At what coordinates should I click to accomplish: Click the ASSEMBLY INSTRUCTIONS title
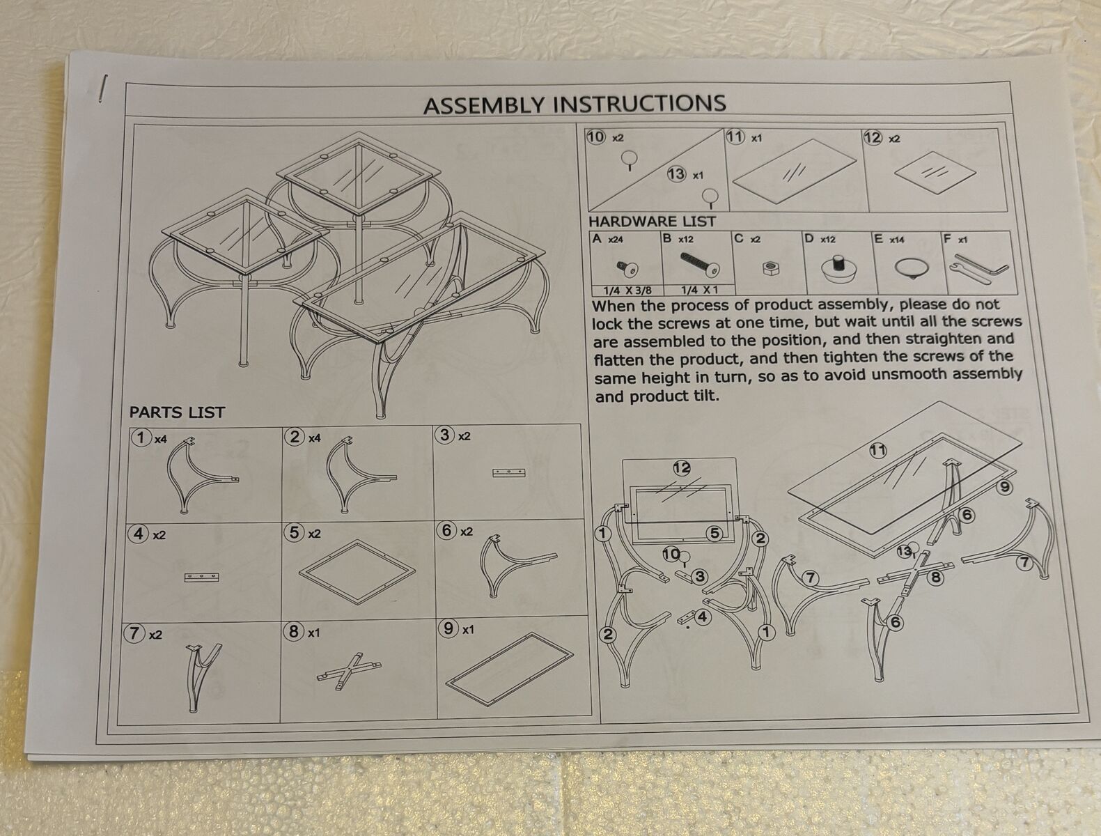(575, 104)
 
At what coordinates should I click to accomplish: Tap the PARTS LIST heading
(177, 412)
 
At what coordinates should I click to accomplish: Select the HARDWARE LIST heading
(652, 222)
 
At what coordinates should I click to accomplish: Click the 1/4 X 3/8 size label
(627, 291)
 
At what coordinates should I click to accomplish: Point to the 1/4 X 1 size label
(699, 290)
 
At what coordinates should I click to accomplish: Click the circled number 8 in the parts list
(293, 631)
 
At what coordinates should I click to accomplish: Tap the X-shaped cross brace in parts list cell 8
(349, 670)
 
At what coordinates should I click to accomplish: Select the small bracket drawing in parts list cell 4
(202, 578)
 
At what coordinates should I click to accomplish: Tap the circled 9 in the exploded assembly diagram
(1004, 487)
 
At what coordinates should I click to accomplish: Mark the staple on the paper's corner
(103, 88)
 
